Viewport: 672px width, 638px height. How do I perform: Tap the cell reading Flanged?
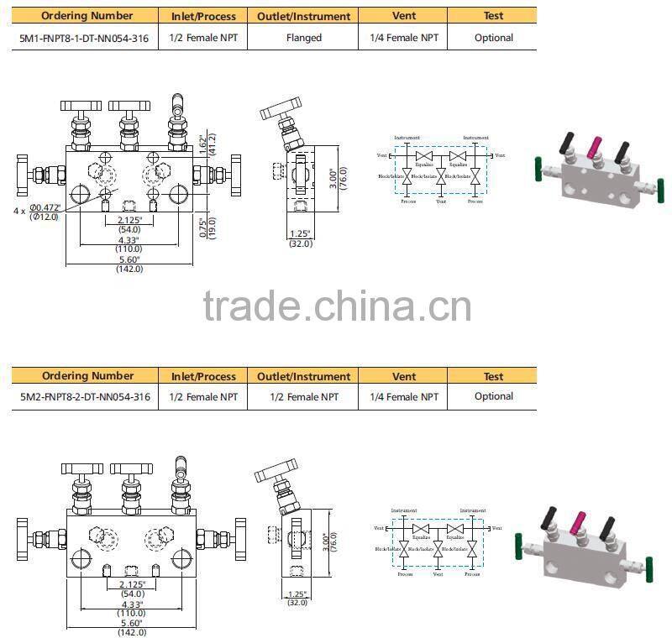pyautogui.click(x=303, y=38)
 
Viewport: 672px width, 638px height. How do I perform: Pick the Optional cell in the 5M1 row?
pyautogui.click(x=493, y=38)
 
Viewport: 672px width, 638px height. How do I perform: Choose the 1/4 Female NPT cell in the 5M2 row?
pyautogui.click(x=404, y=397)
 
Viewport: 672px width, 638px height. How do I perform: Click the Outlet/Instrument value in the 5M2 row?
pyautogui.click(x=303, y=397)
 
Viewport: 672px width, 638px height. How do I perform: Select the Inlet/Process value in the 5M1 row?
pyautogui.click(x=203, y=38)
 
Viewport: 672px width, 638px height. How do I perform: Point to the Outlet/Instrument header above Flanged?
pyautogui.click(x=303, y=16)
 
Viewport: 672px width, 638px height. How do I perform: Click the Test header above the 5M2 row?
pyautogui.click(x=493, y=376)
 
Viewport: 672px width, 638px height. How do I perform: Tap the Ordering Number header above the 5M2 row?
pyautogui.click(x=87, y=376)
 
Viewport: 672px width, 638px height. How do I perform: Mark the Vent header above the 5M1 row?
pyautogui.click(x=404, y=16)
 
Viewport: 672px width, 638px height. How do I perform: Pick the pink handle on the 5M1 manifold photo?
pyautogui.click(x=595, y=148)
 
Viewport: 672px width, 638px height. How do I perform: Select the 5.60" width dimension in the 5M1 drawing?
pyautogui.click(x=129, y=259)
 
